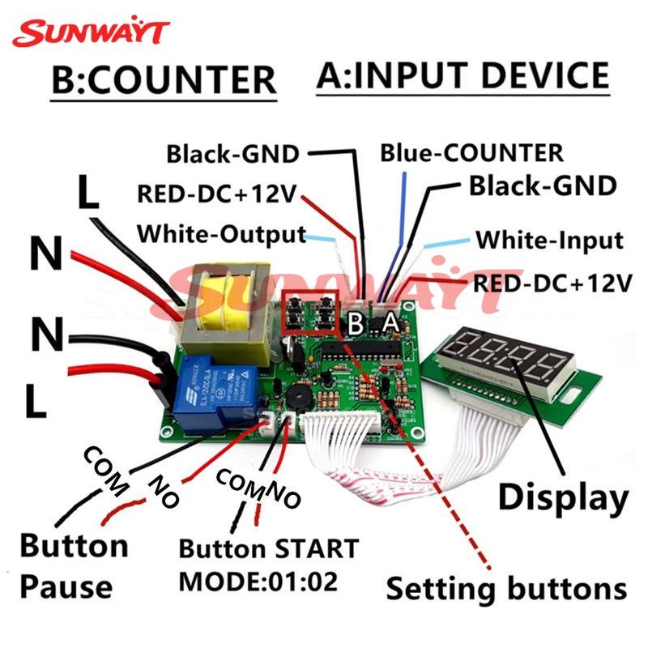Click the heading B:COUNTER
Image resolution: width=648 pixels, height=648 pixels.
click(164, 79)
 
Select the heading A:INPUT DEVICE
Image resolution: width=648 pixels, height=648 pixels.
click(463, 75)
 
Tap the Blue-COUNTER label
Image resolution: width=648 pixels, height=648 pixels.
click(471, 153)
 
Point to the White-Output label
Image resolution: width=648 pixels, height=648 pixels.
click(221, 234)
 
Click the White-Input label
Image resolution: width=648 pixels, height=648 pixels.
click(550, 240)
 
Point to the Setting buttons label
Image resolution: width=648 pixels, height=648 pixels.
click(506, 588)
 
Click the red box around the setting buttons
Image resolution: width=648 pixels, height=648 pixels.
click(310, 311)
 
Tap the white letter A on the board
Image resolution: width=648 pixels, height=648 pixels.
click(390, 322)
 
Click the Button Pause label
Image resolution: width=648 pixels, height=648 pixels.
click(75, 565)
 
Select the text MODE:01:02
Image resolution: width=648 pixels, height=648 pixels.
click(258, 581)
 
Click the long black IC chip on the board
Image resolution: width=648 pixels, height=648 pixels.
click(360, 351)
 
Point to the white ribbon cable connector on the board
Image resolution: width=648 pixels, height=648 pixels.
click(342, 423)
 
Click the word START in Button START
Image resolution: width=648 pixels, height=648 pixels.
click(317, 549)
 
